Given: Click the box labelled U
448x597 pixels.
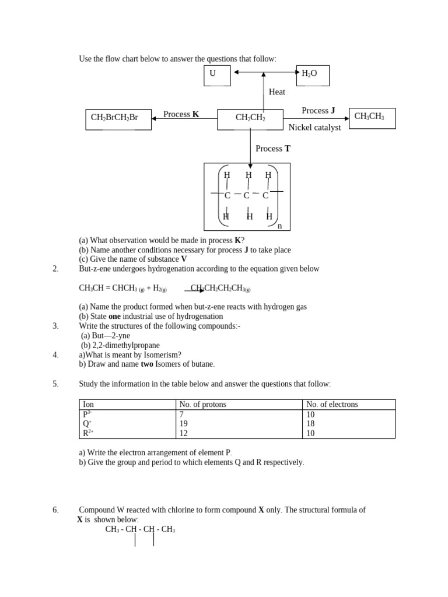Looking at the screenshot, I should (x=216, y=75).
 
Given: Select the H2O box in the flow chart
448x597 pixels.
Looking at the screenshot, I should (x=313, y=75).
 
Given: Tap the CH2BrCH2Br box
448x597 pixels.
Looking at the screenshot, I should (x=118, y=119).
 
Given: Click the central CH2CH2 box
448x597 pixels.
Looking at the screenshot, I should (x=250, y=119).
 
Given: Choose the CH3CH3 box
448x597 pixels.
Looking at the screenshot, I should (x=372, y=118).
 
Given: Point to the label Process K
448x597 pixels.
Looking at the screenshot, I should (x=181, y=114).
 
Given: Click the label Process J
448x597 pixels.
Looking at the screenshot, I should (x=318, y=111).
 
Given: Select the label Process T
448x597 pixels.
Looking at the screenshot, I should (x=273, y=149).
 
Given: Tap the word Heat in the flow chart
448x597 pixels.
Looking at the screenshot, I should (x=277, y=92).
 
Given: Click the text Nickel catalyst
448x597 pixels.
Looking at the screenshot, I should (x=314, y=128).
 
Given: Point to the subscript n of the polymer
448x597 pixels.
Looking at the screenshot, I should (x=279, y=226).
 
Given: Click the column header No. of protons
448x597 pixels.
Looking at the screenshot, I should (x=203, y=405).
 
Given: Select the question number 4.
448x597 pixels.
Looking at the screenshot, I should (x=55, y=354).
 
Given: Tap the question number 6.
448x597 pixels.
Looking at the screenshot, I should (x=55, y=510).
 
